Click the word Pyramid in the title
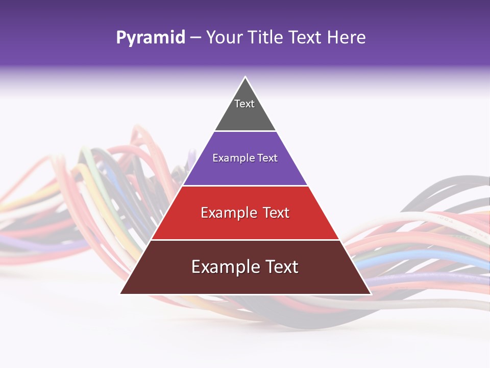[x=150, y=38]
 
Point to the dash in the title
[x=195, y=38]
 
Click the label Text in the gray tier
[x=244, y=104]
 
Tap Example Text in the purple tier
[x=245, y=158]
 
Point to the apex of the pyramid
[x=246, y=78]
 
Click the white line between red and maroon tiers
[x=245, y=240]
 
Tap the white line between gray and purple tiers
[x=245, y=131]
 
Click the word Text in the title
[x=305, y=38]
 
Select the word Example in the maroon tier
[x=223, y=267]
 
